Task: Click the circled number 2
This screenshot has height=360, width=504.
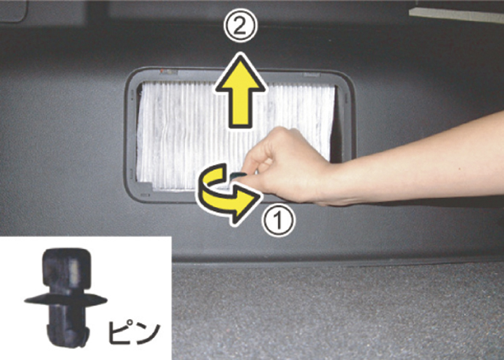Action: pyautogui.click(x=241, y=26)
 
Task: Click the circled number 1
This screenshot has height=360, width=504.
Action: pyautogui.click(x=278, y=220)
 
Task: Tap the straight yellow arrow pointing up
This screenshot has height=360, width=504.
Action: pyautogui.click(x=241, y=91)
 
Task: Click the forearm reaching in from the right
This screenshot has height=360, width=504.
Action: pyautogui.click(x=418, y=161)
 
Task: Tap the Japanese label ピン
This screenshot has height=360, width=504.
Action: pyautogui.click(x=135, y=332)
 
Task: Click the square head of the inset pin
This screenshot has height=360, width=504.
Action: pyautogui.click(x=67, y=269)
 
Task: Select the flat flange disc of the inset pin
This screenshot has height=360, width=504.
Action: pyautogui.click(x=66, y=300)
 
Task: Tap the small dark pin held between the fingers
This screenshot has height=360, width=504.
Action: pyautogui.click(x=238, y=175)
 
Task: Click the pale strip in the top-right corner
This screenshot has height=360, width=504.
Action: pyautogui.click(x=456, y=15)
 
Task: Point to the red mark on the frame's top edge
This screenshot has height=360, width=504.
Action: pyautogui.click(x=162, y=70)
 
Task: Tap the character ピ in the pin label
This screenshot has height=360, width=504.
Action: pyautogui.click(x=119, y=332)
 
